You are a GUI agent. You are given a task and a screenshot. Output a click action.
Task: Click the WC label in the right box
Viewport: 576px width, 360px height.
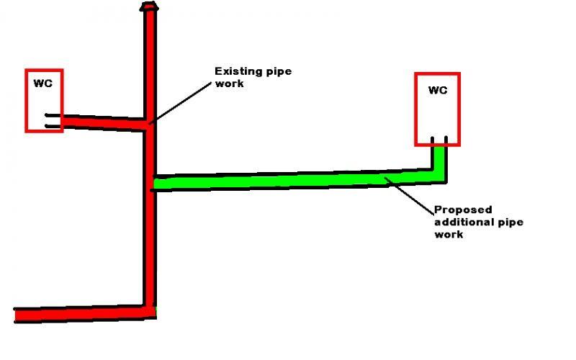(438, 90)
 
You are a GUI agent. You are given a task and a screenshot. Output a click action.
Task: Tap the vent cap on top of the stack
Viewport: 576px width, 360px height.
(149, 6)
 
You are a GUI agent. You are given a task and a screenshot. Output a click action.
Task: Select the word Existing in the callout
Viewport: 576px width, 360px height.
(236, 71)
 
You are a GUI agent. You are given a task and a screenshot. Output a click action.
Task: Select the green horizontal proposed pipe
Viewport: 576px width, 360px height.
(288, 179)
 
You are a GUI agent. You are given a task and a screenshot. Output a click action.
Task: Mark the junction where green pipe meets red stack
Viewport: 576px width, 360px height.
(153, 184)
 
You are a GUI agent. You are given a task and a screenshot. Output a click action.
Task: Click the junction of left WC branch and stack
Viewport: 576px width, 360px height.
(148, 123)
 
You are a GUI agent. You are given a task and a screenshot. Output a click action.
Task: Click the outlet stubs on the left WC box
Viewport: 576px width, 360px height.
(53, 121)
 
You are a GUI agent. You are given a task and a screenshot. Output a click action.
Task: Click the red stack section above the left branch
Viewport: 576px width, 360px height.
(150, 65)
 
